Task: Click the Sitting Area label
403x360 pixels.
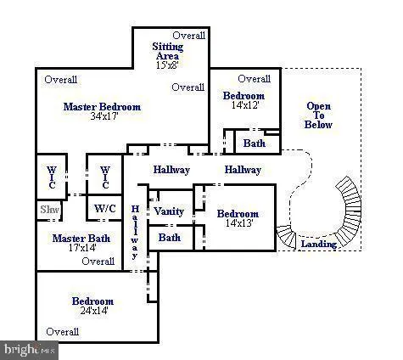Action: pyautogui.click(x=167, y=51)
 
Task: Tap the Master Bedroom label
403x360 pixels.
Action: pyautogui.click(x=102, y=107)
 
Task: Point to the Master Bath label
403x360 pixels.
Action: pyautogui.click(x=81, y=239)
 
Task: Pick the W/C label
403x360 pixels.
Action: pyautogui.click(x=105, y=208)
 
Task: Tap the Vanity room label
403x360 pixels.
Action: pyautogui.click(x=169, y=211)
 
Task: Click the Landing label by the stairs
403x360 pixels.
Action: pyautogui.click(x=319, y=245)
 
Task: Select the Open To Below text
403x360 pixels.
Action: pyautogui.click(x=318, y=115)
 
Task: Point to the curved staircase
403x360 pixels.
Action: pyautogui.click(x=335, y=212)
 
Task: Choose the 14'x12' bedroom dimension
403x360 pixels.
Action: pyautogui.click(x=243, y=106)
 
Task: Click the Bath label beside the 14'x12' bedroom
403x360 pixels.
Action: pyautogui.click(x=254, y=143)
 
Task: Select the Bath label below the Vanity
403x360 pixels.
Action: pyautogui.click(x=169, y=238)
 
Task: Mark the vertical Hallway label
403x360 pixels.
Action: pyautogui.click(x=134, y=232)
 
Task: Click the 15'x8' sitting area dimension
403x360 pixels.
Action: pyautogui.click(x=167, y=65)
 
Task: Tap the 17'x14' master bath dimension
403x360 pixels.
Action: pyautogui.click(x=81, y=250)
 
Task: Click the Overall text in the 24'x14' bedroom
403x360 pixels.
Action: pyautogui.click(x=62, y=332)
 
